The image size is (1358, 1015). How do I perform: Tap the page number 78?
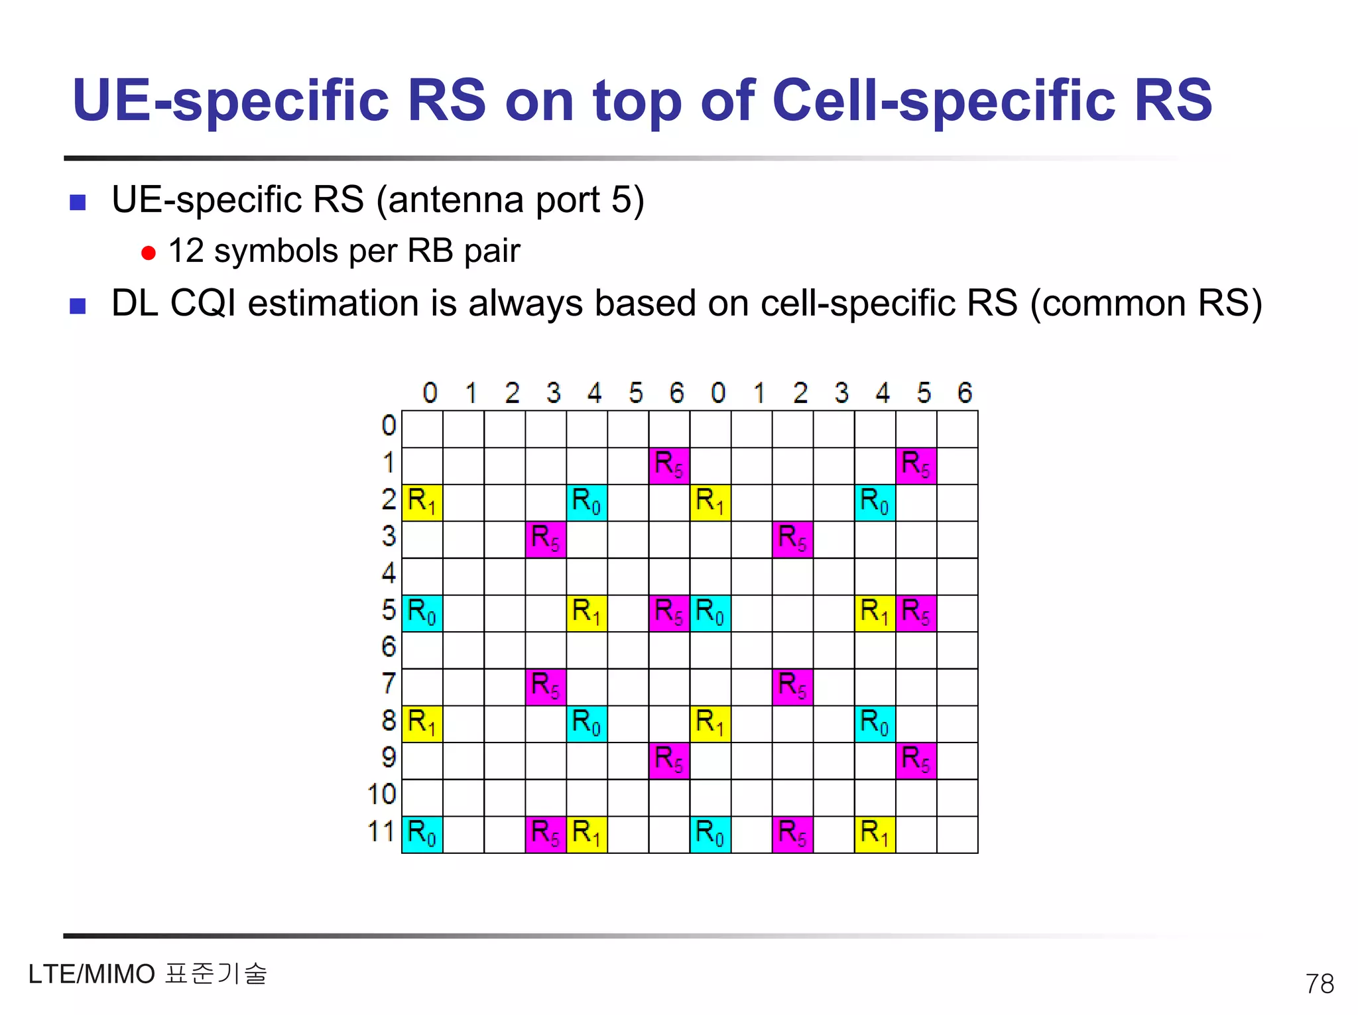1319,984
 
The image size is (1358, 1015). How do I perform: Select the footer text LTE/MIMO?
92,975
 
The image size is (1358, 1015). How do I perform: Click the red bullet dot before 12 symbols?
149,253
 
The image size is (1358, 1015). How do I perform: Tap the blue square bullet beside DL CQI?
78,306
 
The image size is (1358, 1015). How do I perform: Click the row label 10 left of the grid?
381,794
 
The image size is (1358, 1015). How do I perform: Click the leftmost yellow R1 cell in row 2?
422,503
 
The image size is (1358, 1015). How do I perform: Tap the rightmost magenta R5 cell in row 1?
916,465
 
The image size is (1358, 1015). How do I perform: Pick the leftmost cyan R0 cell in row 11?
422,834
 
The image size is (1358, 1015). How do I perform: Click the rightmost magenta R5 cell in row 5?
916,613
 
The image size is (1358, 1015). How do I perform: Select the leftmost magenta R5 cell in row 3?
546,539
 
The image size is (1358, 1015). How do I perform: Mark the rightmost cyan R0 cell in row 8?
875,723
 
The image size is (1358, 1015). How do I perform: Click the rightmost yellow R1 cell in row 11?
875,834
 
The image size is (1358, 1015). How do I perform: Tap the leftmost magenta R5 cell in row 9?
669,760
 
